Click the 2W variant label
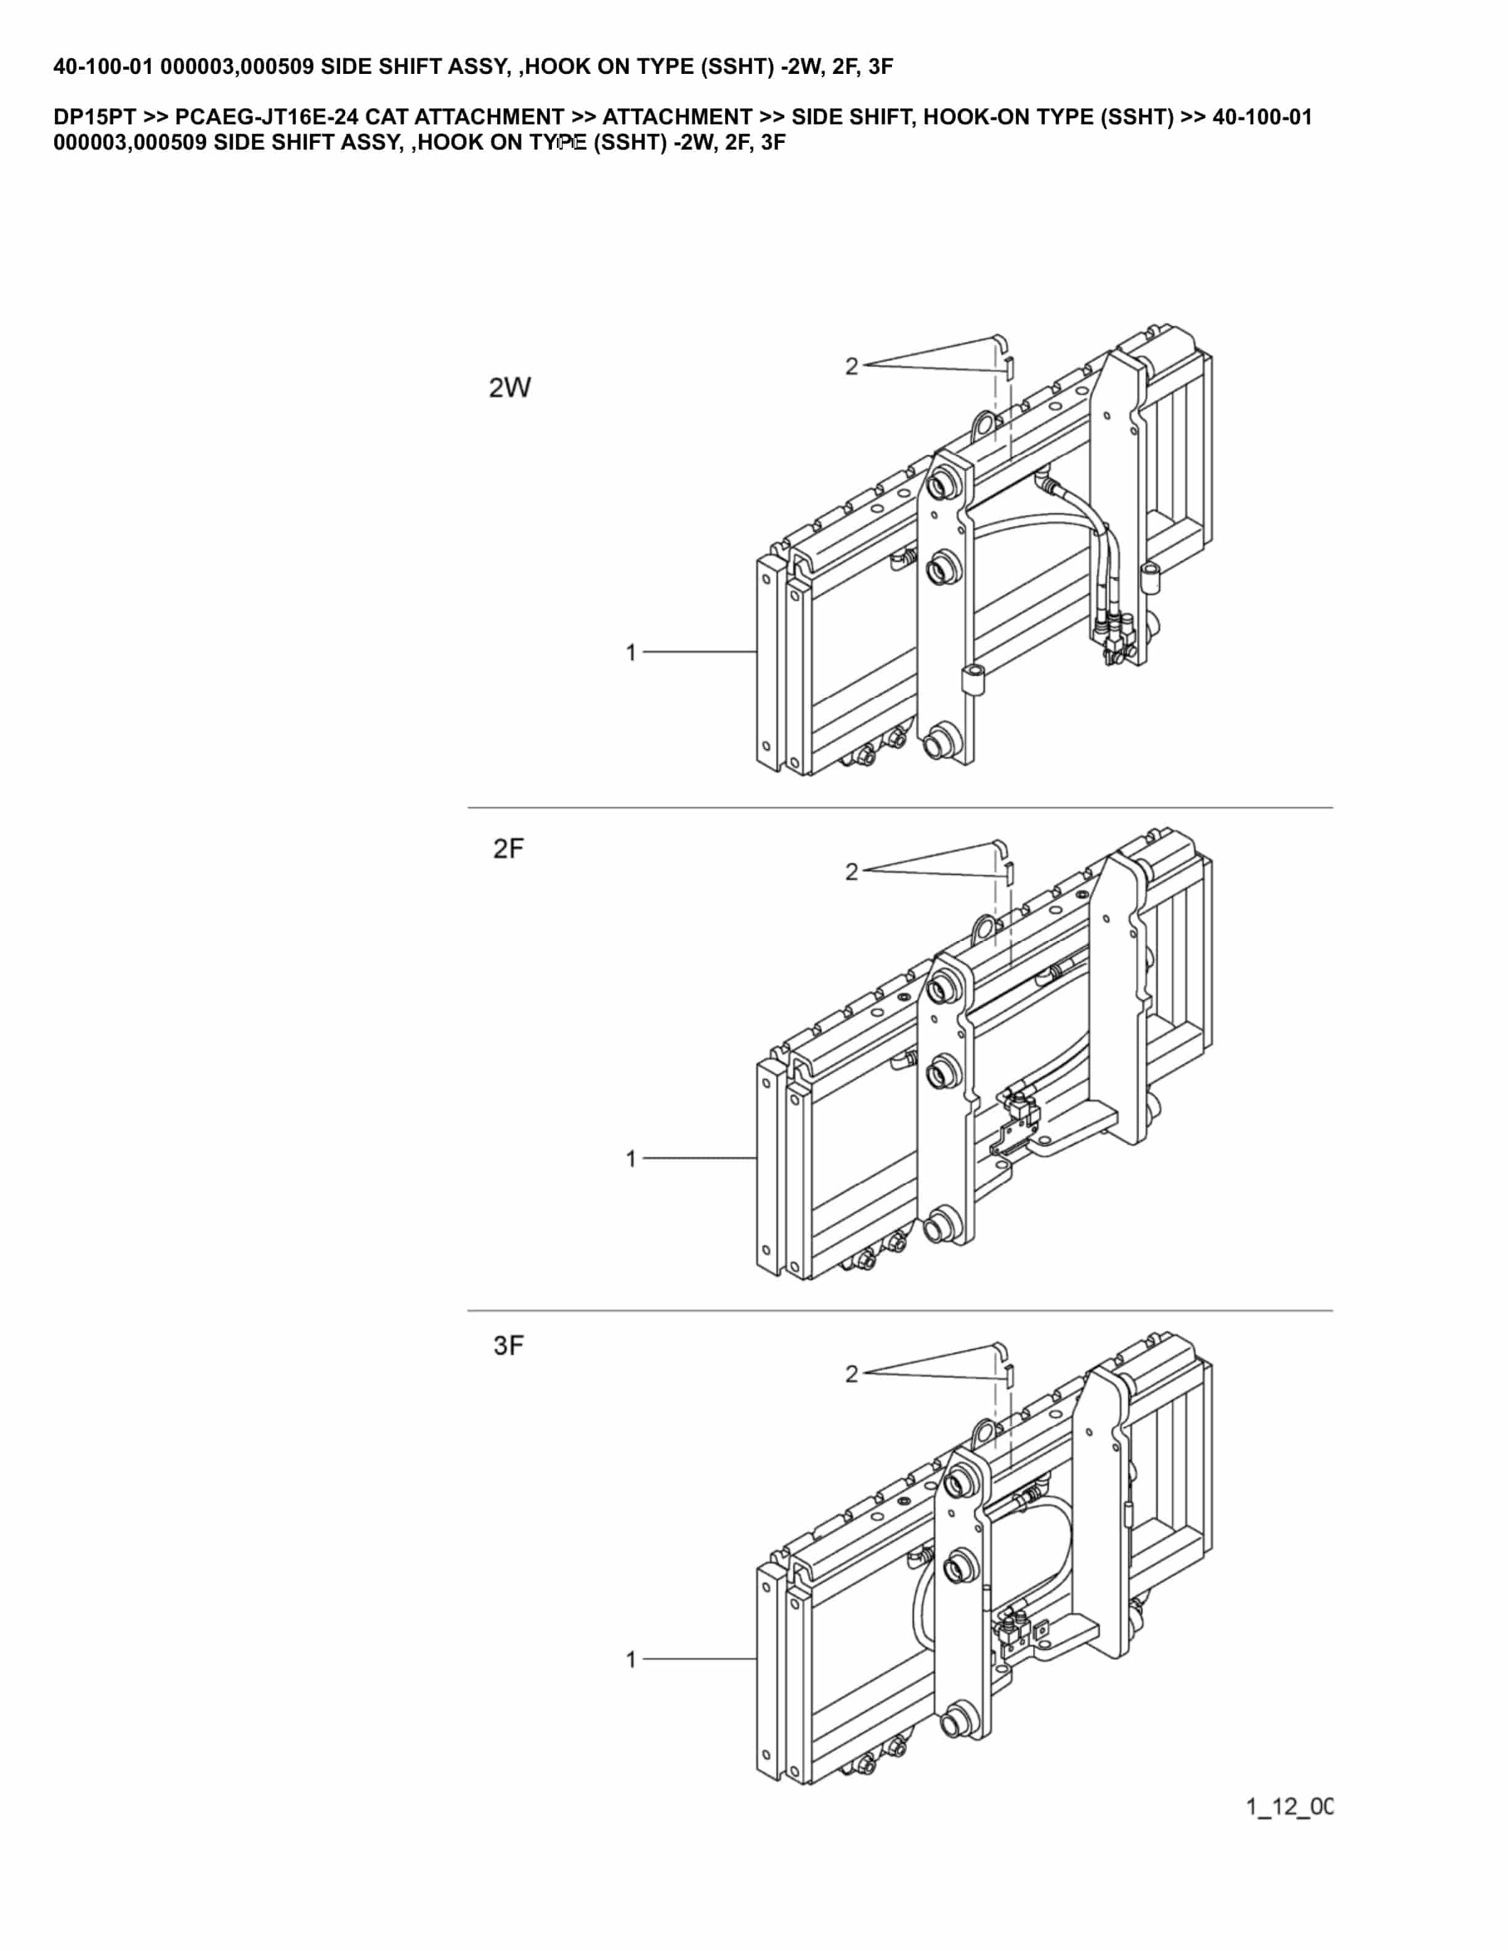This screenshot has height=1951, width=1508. pos(509,388)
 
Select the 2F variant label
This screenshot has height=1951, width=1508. pos(508,849)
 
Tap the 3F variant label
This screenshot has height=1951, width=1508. pos(508,1346)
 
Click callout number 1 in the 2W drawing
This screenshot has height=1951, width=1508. pos(631,653)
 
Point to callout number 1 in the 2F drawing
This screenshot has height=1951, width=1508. pos(631,1158)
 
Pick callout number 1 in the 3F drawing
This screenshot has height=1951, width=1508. pos(631,1660)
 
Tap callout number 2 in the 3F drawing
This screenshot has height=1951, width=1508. pos(851,1374)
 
